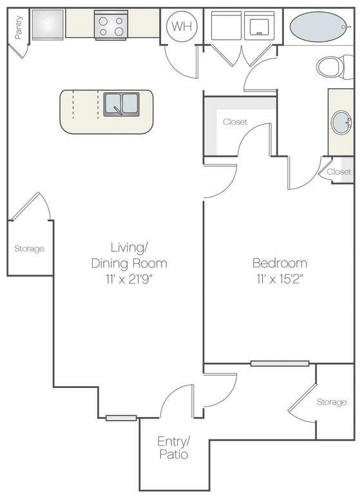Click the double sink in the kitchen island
122,105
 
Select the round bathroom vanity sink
341,122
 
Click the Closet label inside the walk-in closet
235,122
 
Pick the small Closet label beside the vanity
339,172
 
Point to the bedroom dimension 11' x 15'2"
279,280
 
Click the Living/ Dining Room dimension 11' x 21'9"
130,280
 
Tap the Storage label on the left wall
30,248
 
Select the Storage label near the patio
331,402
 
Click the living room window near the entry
121,418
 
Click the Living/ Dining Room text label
130,255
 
